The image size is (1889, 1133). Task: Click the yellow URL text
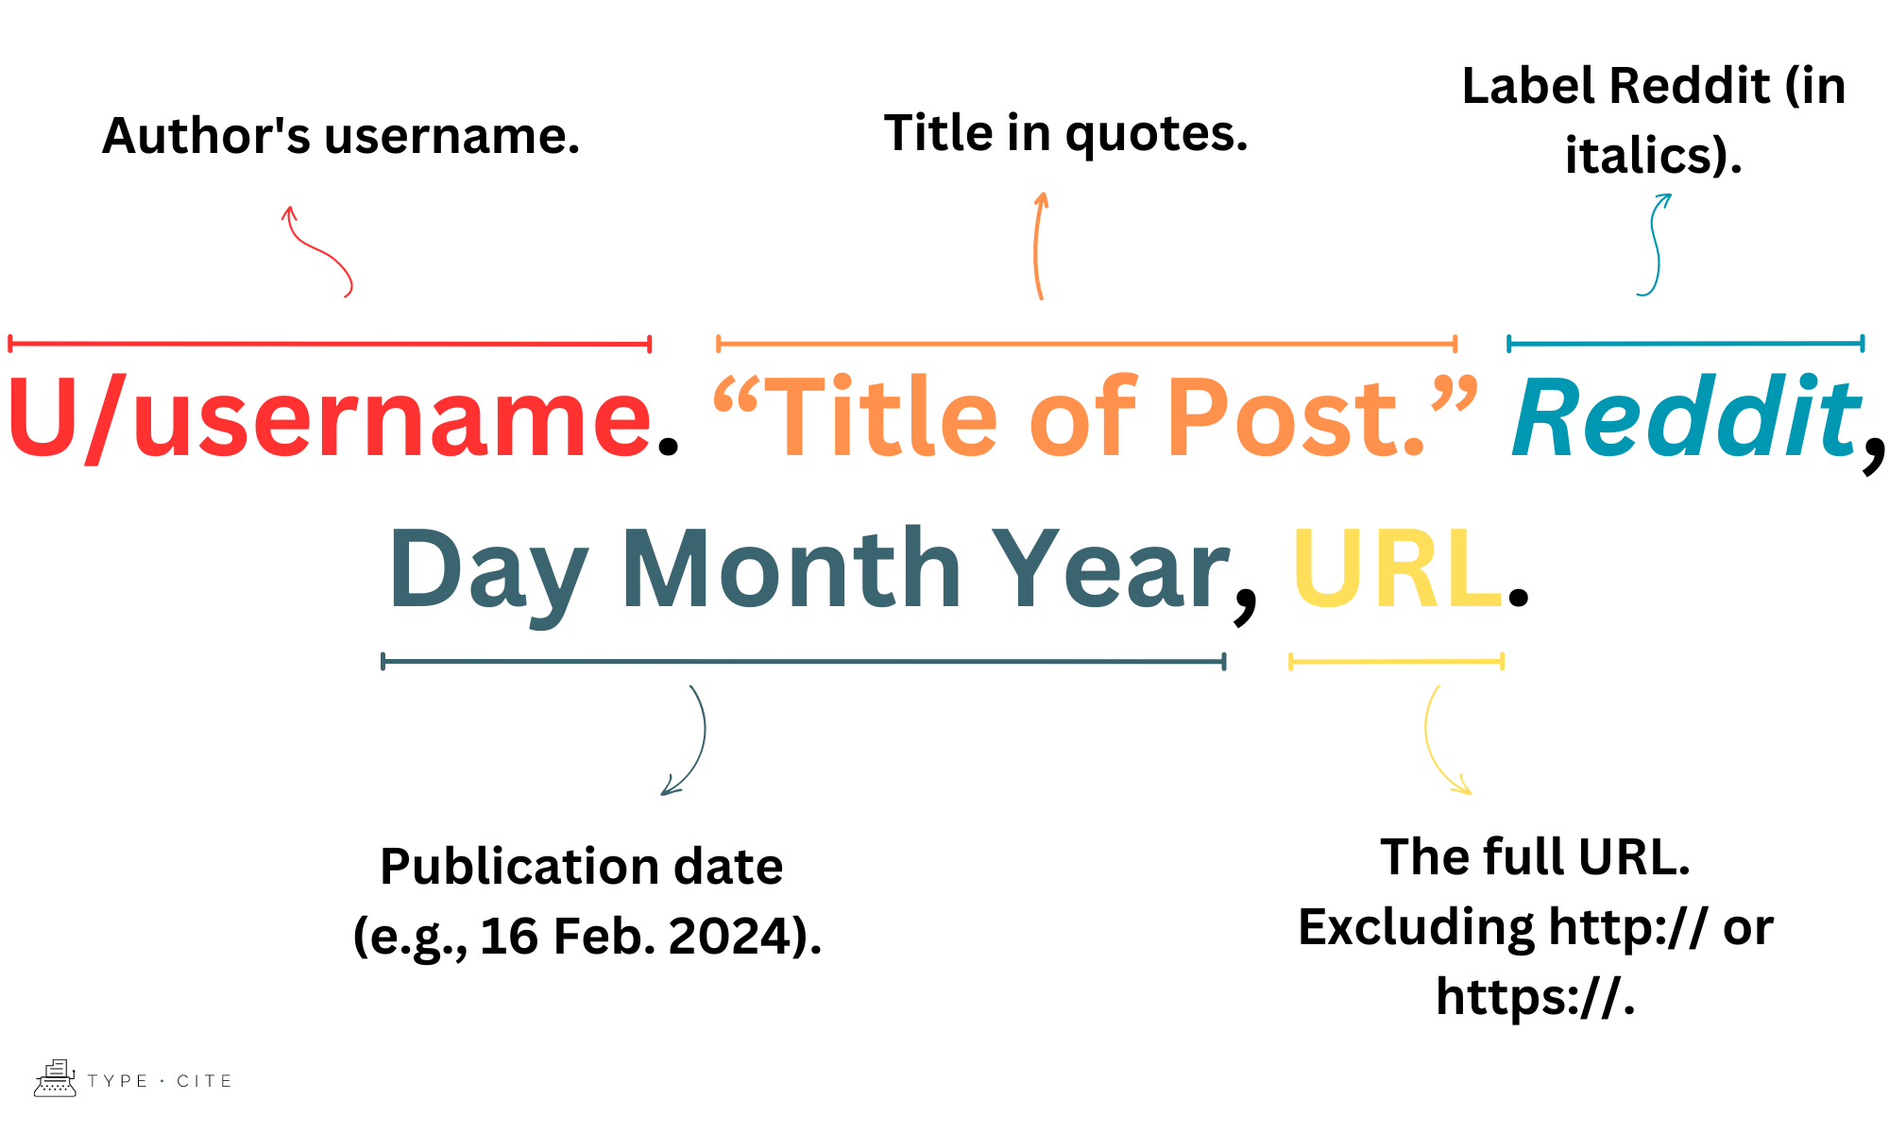click(1396, 570)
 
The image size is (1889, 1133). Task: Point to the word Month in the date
click(791, 570)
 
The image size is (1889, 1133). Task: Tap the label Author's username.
click(340, 136)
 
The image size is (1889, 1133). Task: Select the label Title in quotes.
click(1065, 133)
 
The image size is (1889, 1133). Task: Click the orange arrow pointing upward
click(1038, 245)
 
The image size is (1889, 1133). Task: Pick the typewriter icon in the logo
click(55, 1078)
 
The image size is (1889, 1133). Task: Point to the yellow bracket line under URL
click(1396, 662)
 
